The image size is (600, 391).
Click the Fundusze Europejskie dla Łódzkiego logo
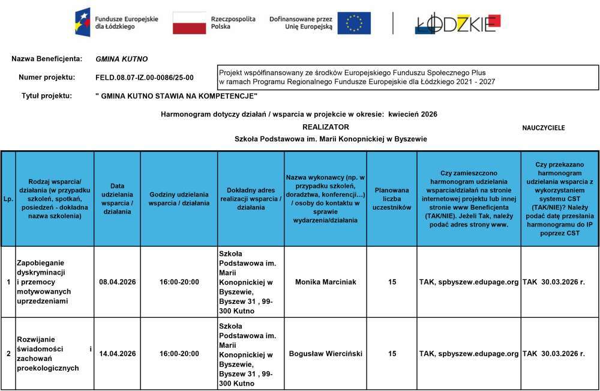pyautogui.click(x=117, y=23)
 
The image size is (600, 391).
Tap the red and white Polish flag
pyautogui.click(x=189, y=23)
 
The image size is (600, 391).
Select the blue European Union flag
pyautogui.click(x=353, y=23)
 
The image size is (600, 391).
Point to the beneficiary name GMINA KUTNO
pyautogui.click(x=121, y=59)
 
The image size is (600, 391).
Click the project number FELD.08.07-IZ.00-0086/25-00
pyautogui.click(x=145, y=77)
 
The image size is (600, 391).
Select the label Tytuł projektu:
pyautogui.click(x=47, y=95)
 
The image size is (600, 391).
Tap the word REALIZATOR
pyautogui.click(x=325, y=127)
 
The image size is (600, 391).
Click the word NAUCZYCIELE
pyautogui.click(x=544, y=128)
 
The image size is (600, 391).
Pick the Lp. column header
pyautogui.click(x=8, y=199)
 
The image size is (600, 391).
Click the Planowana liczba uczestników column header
pyautogui.click(x=391, y=199)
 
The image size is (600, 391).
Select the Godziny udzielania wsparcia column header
pyautogui.click(x=179, y=199)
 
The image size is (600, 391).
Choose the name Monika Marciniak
pyautogui.click(x=326, y=282)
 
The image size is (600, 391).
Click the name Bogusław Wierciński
pyautogui.click(x=326, y=354)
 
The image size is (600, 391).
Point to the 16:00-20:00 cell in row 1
pyautogui.click(x=179, y=282)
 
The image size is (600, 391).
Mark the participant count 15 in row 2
pyautogui.click(x=392, y=354)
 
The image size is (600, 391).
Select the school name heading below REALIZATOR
pyautogui.click(x=330, y=139)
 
